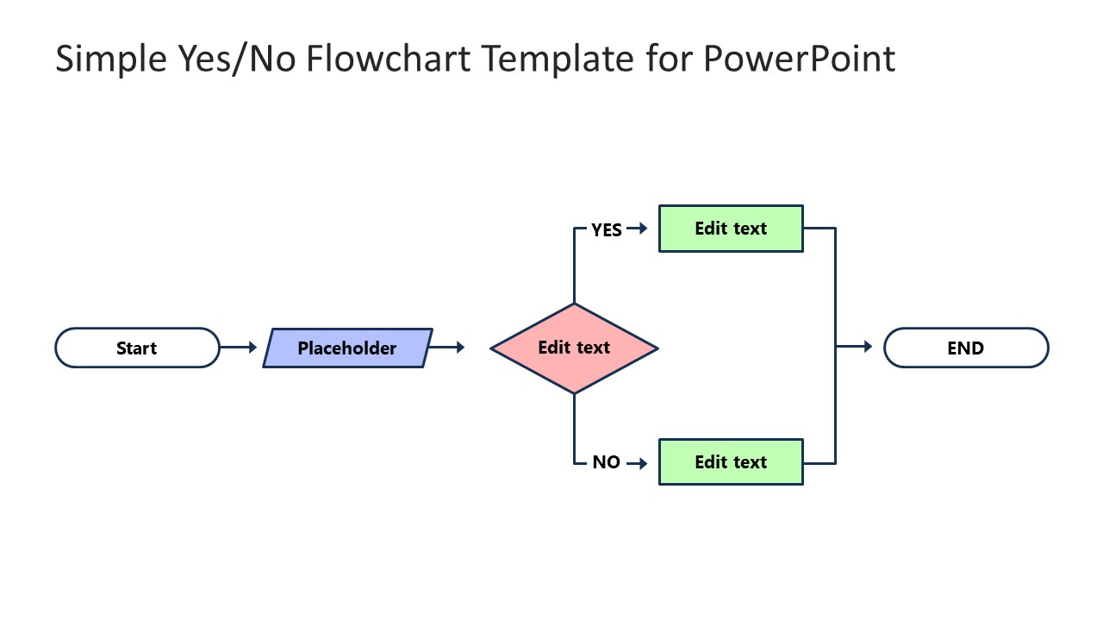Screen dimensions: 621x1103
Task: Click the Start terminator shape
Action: click(x=137, y=348)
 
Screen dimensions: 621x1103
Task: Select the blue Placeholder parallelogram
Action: click(x=347, y=348)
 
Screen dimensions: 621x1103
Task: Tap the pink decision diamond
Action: click(x=574, y=348)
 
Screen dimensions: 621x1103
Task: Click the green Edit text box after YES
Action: click(x=731, y=229)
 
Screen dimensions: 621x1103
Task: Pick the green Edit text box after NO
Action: click(x=731, y=461)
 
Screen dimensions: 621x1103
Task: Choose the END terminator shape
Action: click(x=966, y=348)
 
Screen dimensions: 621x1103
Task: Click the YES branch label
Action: click(x=607, y=229)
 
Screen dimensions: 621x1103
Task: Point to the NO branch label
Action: click(x=606, y=462)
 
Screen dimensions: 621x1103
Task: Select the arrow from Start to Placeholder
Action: click(x=239, y=348)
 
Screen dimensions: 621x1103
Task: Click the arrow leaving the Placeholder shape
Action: click(x=447, y=348)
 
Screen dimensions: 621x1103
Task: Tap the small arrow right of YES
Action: click(x=637, y=229)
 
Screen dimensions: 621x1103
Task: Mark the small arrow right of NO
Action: click(x=637, y=463)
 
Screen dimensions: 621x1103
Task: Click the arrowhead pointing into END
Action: click(x=867, y=347)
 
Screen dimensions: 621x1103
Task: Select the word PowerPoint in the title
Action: click(x=799, y=59)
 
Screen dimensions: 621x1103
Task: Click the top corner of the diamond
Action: click(x=574, y=304)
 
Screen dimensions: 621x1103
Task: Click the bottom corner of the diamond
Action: click(x=574, y=392)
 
